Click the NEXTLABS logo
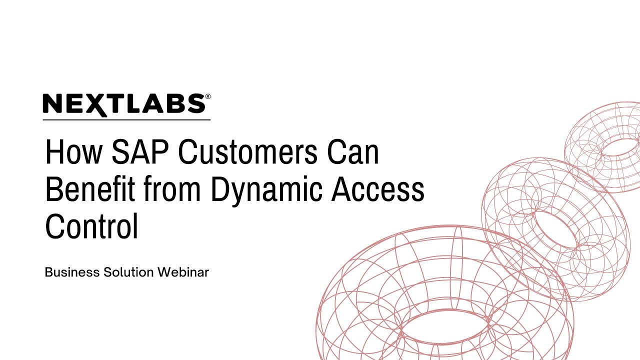click(124, 104)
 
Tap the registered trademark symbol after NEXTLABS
click(207, 96)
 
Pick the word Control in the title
click(91, 226)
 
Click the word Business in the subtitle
click(71, 272)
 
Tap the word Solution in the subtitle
click(129, 272)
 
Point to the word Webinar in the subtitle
click(183, 272)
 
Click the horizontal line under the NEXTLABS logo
click(126, 120)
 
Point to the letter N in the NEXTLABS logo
click(52, 104)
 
